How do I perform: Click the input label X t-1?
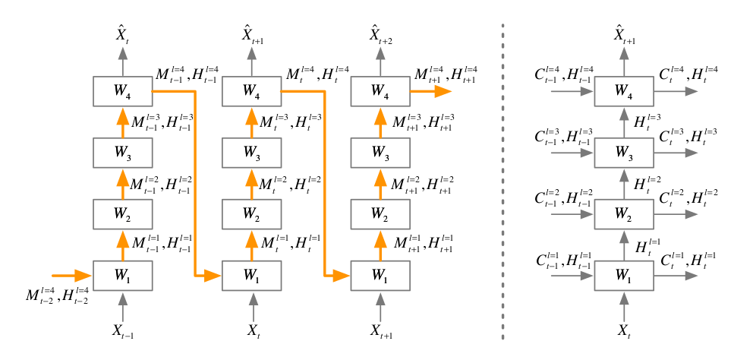coord(124,332)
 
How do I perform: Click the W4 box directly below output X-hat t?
coord(123,91)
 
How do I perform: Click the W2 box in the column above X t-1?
coord(123,213)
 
